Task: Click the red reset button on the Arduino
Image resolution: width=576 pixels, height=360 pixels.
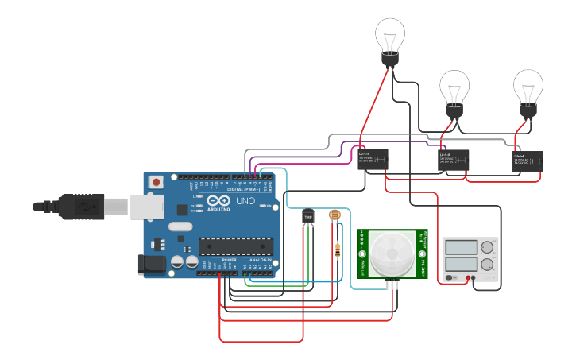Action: pyautogui.click(x=157, y=182)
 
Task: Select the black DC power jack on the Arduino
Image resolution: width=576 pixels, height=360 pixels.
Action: pyautogui.click(x=151, y=265)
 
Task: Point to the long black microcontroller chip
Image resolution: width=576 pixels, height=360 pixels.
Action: pyautogui.click(x=235, y=247)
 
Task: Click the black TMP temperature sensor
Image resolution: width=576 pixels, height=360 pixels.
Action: pyautogui.click(x=308, y=215)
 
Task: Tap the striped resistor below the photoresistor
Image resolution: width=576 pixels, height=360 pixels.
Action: pyautogui.click(x=340, y=250)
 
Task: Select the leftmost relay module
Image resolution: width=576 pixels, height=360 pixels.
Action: pyautogui.click(x=372, y=159)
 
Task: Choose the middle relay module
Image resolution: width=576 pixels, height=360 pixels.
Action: pyautogui.click(x=454, y=161)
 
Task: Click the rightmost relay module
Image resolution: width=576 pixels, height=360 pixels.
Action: pyautogui.click(x=528, y=161)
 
